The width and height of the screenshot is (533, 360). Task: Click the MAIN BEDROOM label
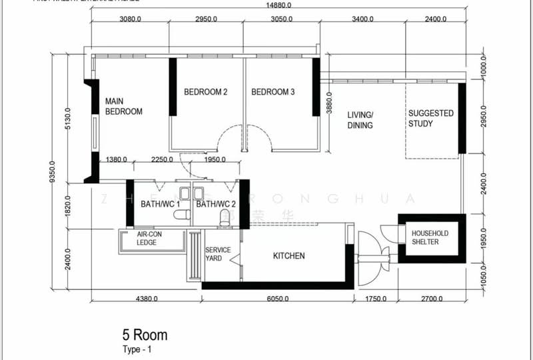tap(124, 107)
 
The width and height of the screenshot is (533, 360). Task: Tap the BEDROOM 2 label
tap(206, 92)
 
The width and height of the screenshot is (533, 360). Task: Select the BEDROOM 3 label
tap(272, 92)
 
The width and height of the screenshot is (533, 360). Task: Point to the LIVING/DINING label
tap(360, 120)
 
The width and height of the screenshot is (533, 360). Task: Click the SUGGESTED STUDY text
tap(430, 119)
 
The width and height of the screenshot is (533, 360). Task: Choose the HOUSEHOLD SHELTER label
tap(430, 237)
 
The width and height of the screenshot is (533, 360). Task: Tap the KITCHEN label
tap(289, 256)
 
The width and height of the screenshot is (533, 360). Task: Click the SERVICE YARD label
tap(218, 254)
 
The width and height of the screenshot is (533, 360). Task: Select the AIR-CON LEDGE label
tap(149, 239)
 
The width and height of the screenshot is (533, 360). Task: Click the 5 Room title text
tap(145, 335)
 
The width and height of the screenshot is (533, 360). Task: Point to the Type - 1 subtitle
tap(137, 349)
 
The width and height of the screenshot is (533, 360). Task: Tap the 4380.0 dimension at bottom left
tap(147, 299)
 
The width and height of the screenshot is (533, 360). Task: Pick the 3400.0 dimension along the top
tap(362, 19)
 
